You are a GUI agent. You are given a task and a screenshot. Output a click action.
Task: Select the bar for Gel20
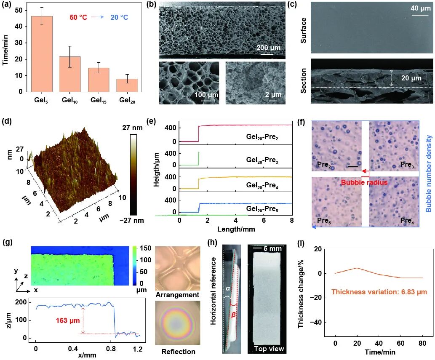[127, 85]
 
